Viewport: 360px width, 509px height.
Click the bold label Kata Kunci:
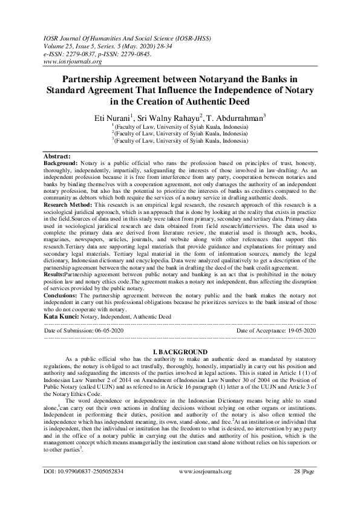tap(61, 316)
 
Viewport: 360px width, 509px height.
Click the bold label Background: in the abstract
tap(62, 163)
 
